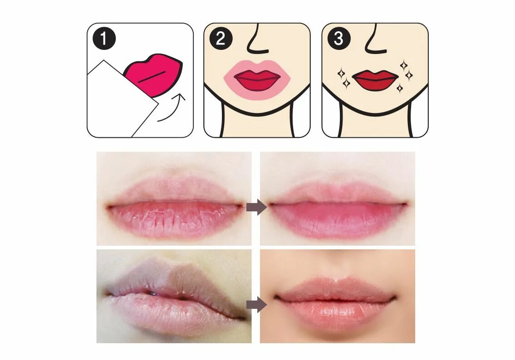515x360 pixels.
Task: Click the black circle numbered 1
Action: (x=104, y=39)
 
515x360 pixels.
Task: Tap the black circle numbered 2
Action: (x=221, y=39)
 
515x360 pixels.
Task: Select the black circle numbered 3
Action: (x=338, y=39)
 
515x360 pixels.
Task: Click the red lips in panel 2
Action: (x=257, y=80)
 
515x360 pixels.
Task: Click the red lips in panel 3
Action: (x=375, y=80)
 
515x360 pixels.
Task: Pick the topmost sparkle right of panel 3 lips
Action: (x=404, y=65)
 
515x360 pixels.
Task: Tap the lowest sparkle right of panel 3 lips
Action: (x=400, y=88)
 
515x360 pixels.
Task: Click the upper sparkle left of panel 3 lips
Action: (x=341, y=73)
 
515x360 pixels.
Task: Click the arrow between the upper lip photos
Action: (x=256, y=207)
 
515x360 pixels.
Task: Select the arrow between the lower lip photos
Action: (x=256, y=304)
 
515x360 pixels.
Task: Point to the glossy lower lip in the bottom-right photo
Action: (x=335, y=312)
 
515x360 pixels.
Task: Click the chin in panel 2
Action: (x=257, y=105)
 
